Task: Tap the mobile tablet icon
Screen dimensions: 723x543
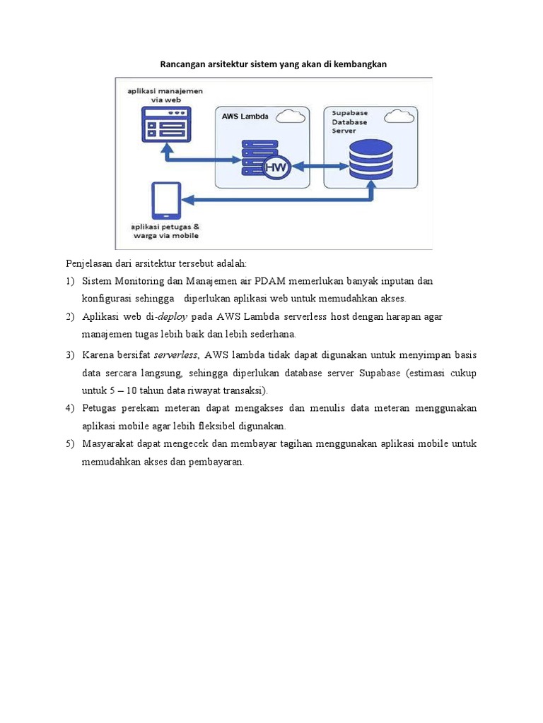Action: (x=166, y=201)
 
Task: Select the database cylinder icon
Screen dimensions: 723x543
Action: (x=370, y=160)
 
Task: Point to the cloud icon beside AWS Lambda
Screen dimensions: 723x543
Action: (x=293, y=115)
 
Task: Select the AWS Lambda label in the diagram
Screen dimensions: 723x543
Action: (x=244, y=116)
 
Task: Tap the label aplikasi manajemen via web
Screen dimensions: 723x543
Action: (x=164, y=95)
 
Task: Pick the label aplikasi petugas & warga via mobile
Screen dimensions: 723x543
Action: (x=165, y=230)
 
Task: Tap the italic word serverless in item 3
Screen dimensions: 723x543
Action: (x=176, y=354)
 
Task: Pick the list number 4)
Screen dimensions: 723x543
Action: (x=70, y=408)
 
